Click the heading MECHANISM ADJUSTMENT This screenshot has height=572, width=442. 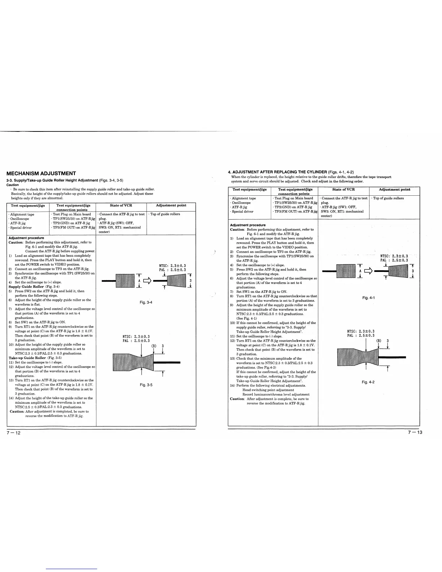pyautogui.click(x=42, y=173)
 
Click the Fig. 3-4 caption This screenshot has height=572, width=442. pyautogui.click(x=146, y=302)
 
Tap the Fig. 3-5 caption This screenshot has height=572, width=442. pyautogui.click(x=146, y=385)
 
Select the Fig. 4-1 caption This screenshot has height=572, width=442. pyautogui.click(x=368, y=298)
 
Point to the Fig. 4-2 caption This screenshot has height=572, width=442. pyautogui.click(x=368, y=382)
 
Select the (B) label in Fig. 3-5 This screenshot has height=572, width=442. pyautogui.click(x=153, y=346)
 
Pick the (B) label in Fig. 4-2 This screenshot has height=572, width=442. pyautogui.click(x=379, y=341)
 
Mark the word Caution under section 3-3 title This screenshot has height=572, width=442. pyautogui.click(x=13, y=185)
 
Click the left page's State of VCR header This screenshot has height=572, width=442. pyautogui.click(x=121, y=205)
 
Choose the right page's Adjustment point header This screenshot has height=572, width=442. pyautogui.click(x=394, y=189)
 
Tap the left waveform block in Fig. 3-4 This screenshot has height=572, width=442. pyautogui.click(x=125, y=281)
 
